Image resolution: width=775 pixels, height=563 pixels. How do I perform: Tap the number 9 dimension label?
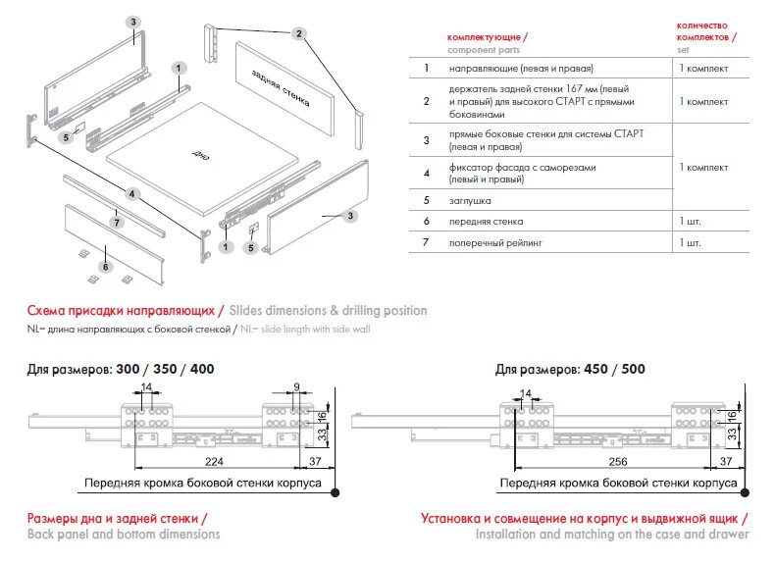click(296, 387)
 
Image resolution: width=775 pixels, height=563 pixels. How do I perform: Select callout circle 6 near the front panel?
click(106, 265)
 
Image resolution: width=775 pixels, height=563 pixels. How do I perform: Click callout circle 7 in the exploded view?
click(117, 223)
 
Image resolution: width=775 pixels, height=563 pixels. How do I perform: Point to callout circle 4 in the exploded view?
click(131, 193)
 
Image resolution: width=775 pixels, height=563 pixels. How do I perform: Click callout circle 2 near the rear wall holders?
click(298, 32)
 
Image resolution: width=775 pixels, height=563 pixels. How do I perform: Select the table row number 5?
click(426, 200)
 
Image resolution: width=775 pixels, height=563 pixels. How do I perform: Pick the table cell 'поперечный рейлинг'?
click(496, 241)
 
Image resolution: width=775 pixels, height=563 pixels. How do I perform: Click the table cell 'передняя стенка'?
click(488, 222)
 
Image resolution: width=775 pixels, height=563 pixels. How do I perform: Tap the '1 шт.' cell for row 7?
click(690, 241)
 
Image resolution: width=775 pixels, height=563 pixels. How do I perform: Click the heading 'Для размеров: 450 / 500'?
click(570, 370)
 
